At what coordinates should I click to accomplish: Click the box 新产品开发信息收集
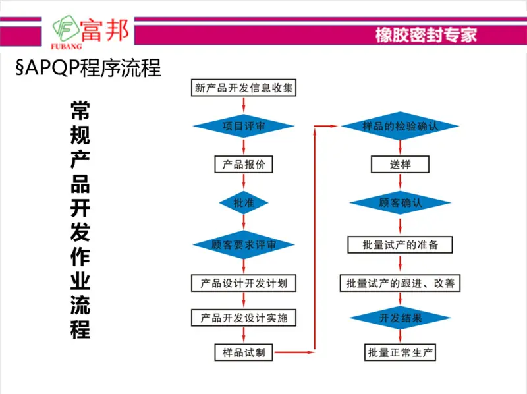[x=244, y=88]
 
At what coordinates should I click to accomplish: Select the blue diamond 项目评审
[x=244, y=126]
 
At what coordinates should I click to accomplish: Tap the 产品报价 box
[x=244, y=165]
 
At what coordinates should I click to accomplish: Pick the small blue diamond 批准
[x=244, y=203]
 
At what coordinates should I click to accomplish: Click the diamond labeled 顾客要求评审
[x=244, y=244]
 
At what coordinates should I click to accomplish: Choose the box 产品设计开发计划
[x=244, y=283]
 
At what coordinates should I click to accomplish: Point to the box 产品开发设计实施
[x=244, y=318]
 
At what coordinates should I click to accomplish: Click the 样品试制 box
[x=244, y=352]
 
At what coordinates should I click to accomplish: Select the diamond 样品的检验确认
[x=400, y=126]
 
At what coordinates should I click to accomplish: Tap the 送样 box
[x=400, y=165]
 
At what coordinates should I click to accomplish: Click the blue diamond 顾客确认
[x=400, y=203]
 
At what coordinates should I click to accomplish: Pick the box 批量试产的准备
[x=400, y=244]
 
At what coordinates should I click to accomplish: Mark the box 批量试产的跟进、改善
[x=400, y=283]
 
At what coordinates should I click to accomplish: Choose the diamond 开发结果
[x=400, y=318]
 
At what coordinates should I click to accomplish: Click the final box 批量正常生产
[x=400, y=352]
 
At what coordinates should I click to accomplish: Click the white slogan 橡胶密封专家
[x=426, y=35]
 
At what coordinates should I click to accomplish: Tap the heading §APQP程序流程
[x=88, y=68]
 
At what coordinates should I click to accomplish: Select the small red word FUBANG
[x=67, y=46]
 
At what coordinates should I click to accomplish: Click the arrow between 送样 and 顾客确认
[x=400, y=182]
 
